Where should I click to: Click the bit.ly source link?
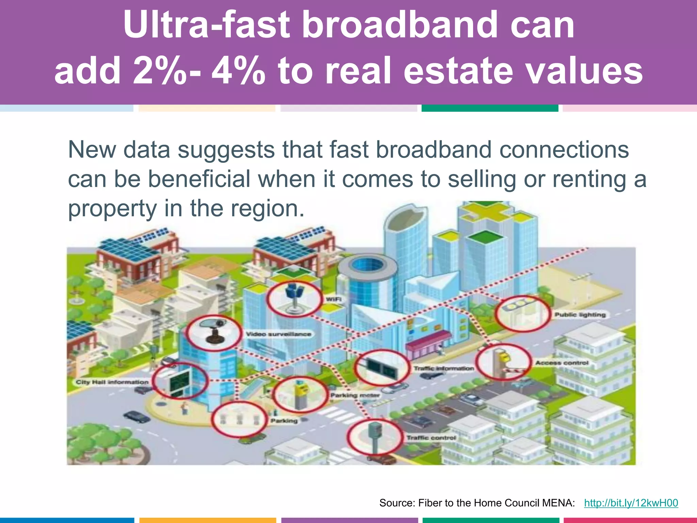click(x=631, y=503)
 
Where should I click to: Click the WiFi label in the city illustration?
click(x=334, y=299)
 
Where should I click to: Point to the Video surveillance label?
click(x=278, y=334)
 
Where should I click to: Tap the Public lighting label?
click(x=580, y=315)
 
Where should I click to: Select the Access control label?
click(x=562, y=363)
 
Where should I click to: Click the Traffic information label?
click(x=444, y=368)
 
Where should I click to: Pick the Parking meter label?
click(x=355, y=395)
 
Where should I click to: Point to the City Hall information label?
click(x=112, y=382)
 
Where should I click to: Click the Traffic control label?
click(x=431, y=438)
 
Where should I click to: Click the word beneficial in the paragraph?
click(x=199, y=179)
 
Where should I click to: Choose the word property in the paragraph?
click(x=112, y=208)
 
